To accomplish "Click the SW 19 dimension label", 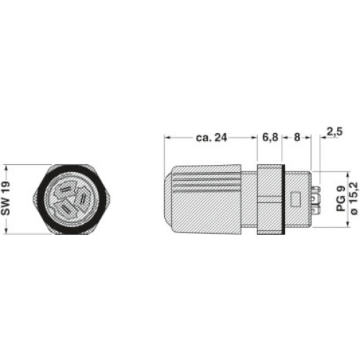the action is tap(6, 199).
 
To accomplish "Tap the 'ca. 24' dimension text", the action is tap(212, 138).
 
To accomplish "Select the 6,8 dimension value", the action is tap(270, 138).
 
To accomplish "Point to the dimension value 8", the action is tap(297, 138).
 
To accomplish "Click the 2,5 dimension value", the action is tap(336, 132).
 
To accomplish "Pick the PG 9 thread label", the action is tap(341, 199).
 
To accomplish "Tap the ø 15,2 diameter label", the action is tap(354, 199).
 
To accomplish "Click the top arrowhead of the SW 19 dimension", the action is tap(6, 168).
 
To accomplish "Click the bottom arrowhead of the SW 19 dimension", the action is tap(6, 231).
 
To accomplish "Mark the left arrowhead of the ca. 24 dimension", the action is tap(167, 138).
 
